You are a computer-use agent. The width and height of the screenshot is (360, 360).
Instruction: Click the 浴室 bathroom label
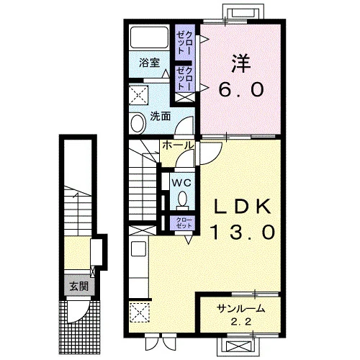tap(149, 63)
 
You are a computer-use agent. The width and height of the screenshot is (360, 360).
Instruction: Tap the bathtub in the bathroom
tap(149, 37)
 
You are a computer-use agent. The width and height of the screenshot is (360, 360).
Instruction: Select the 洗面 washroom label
tap(161, 117)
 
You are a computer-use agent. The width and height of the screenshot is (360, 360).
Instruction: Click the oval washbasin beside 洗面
tap(138, 123)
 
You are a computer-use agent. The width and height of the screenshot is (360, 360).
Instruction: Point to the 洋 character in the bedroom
tap(240, 64)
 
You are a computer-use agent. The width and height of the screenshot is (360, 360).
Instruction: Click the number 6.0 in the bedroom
tap(240, 89)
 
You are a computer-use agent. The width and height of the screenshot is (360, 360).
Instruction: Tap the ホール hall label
tap(178, 145)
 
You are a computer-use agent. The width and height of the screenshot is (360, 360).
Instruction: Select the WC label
tap(182, 183)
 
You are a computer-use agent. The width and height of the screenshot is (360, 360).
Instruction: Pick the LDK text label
tap(243, 207)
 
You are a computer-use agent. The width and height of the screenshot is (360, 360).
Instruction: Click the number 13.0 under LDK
tap(243, 232)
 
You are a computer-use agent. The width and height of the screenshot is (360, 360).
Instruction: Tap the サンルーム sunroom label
tap(240, 309)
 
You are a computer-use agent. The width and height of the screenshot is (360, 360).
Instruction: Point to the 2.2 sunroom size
tap(241, 322)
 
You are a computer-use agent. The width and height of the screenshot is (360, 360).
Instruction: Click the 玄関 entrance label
tap(78, 286)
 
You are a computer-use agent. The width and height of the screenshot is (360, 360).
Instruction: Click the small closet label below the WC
tap(184, 223)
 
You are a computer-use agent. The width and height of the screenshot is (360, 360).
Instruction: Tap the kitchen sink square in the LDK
tap(139, 249)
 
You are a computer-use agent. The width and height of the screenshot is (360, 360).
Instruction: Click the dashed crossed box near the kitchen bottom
tap(140, 312)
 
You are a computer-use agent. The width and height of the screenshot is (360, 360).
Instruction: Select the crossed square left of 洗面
tap(138, 95)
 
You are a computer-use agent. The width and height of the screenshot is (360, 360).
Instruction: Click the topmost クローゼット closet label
tap(184, 42)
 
